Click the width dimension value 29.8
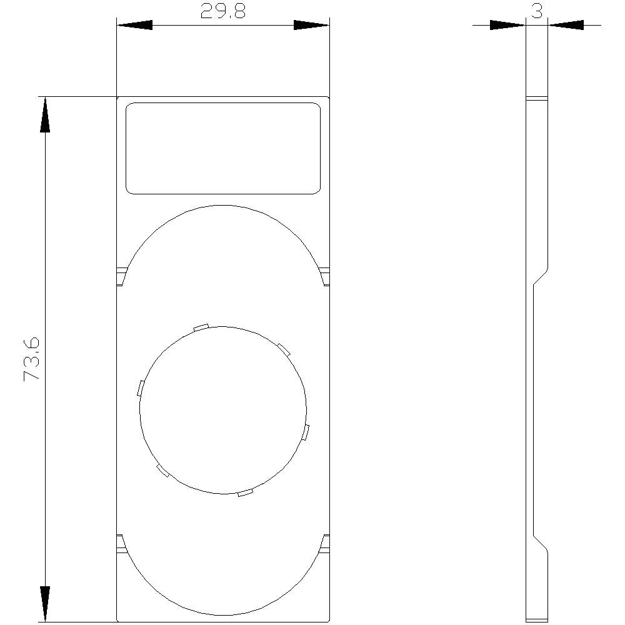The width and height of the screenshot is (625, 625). pyautogui.click(x=223, y=12)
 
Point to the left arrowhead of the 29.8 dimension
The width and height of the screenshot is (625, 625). pyautogui.click(x=134, y=25)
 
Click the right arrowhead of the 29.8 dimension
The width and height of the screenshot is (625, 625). pyautogui.click(x=312, y=25)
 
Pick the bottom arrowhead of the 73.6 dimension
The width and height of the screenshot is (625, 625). pyautogui.click(x=45, y=604)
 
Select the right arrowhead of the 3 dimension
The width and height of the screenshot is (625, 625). pyautogui.click(x=566, y=25)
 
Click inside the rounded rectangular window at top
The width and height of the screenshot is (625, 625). pyautogui.click(x=223, y=148)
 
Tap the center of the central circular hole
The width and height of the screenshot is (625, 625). pyautogui.click(x=223, y=410)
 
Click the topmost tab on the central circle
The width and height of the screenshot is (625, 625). pyautogui.click(x=201, y=326)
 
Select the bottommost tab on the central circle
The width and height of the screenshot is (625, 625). pyautogui.click(x=246, y=493)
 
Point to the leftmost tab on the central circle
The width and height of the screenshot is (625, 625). pyautogui.click(x=141, y=387)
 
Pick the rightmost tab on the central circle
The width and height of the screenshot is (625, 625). pyautogui.click(x=306, y=432)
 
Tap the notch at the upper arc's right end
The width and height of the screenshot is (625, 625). pyautogui.click(x=324, y=276)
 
